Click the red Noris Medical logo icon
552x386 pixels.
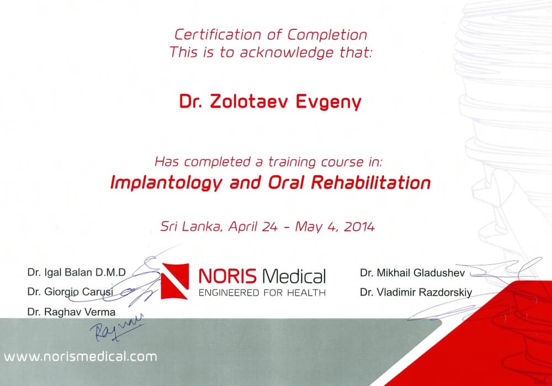(x=175, y=281)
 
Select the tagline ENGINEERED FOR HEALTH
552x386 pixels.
(x=262, y=292)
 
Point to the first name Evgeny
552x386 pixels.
(x=328, y=103)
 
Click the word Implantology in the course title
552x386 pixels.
(x=166, y=183)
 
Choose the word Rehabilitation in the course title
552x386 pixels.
(x=371, y=183)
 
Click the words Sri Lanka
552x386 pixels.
(x=191, y=227)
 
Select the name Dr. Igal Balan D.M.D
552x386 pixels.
(x=76, y=272)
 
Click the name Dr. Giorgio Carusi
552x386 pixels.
(x=70, y=292)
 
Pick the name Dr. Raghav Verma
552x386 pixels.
(x=71, y=312)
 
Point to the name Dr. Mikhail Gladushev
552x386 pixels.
(x=412, y=273)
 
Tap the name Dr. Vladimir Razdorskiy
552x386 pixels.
(x=416, y=292)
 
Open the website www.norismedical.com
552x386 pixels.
(x=81, y=356)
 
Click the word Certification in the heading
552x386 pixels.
(x=217, y=35)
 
